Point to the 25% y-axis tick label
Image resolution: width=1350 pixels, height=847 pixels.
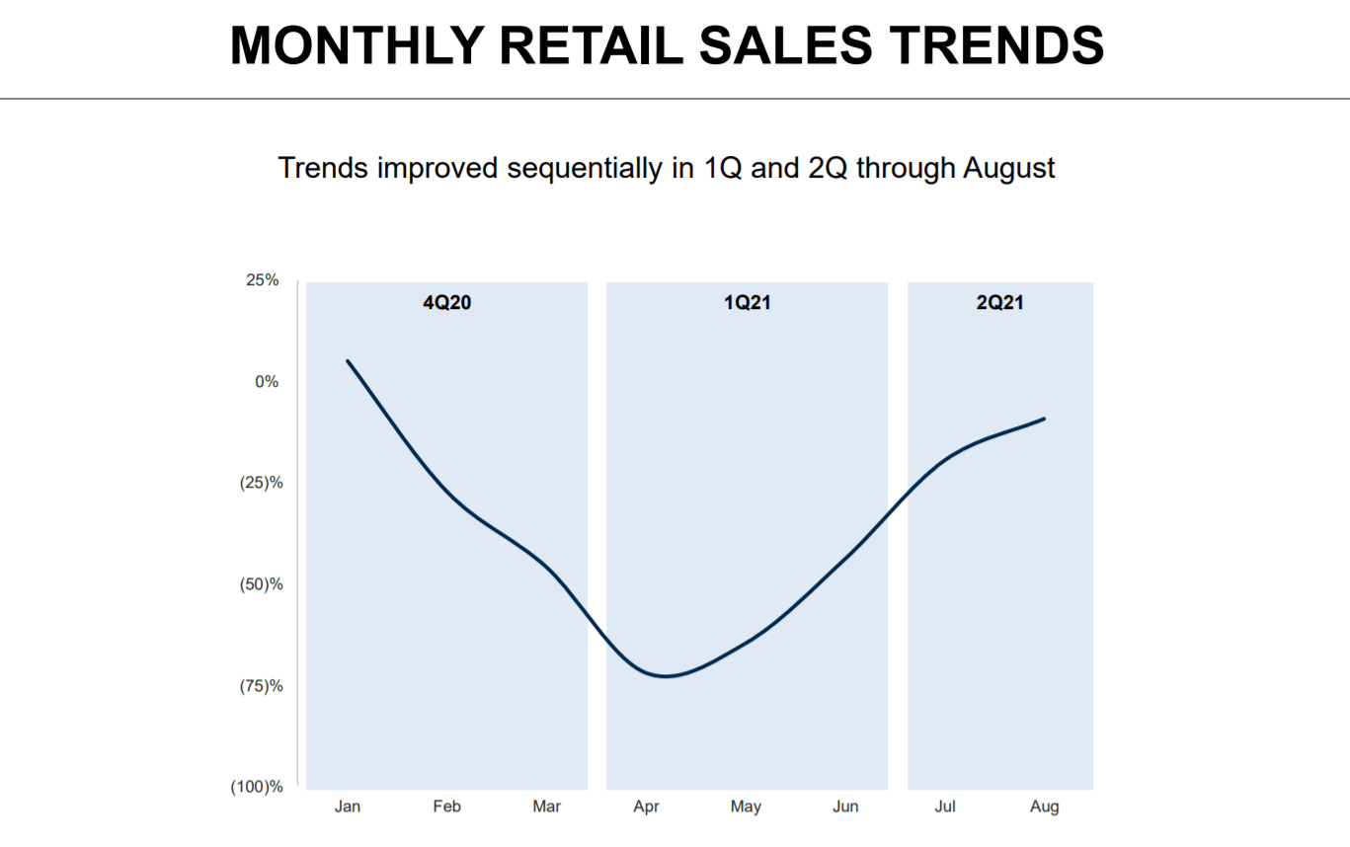pos(262,280)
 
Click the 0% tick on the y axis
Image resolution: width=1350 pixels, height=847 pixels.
pos(267,381)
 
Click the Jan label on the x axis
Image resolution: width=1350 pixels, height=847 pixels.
pos(347,807)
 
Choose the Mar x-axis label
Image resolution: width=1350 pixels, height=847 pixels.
pos(546,807)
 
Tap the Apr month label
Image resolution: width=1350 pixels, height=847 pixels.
pos(646,807)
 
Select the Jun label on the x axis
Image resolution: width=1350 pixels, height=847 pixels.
pos(845,807)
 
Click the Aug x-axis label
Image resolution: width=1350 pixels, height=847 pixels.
pos(1044,807)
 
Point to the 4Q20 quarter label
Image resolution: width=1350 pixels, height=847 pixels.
pos(446,303)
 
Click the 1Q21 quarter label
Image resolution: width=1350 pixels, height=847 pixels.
pos(746,303)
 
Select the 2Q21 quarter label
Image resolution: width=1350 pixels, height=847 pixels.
pos(999,303)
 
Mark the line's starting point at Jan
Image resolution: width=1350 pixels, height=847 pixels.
pos(348,361)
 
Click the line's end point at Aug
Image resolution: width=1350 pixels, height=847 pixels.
pos(1044,419)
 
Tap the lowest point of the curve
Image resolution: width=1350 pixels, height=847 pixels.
pos(666,676)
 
